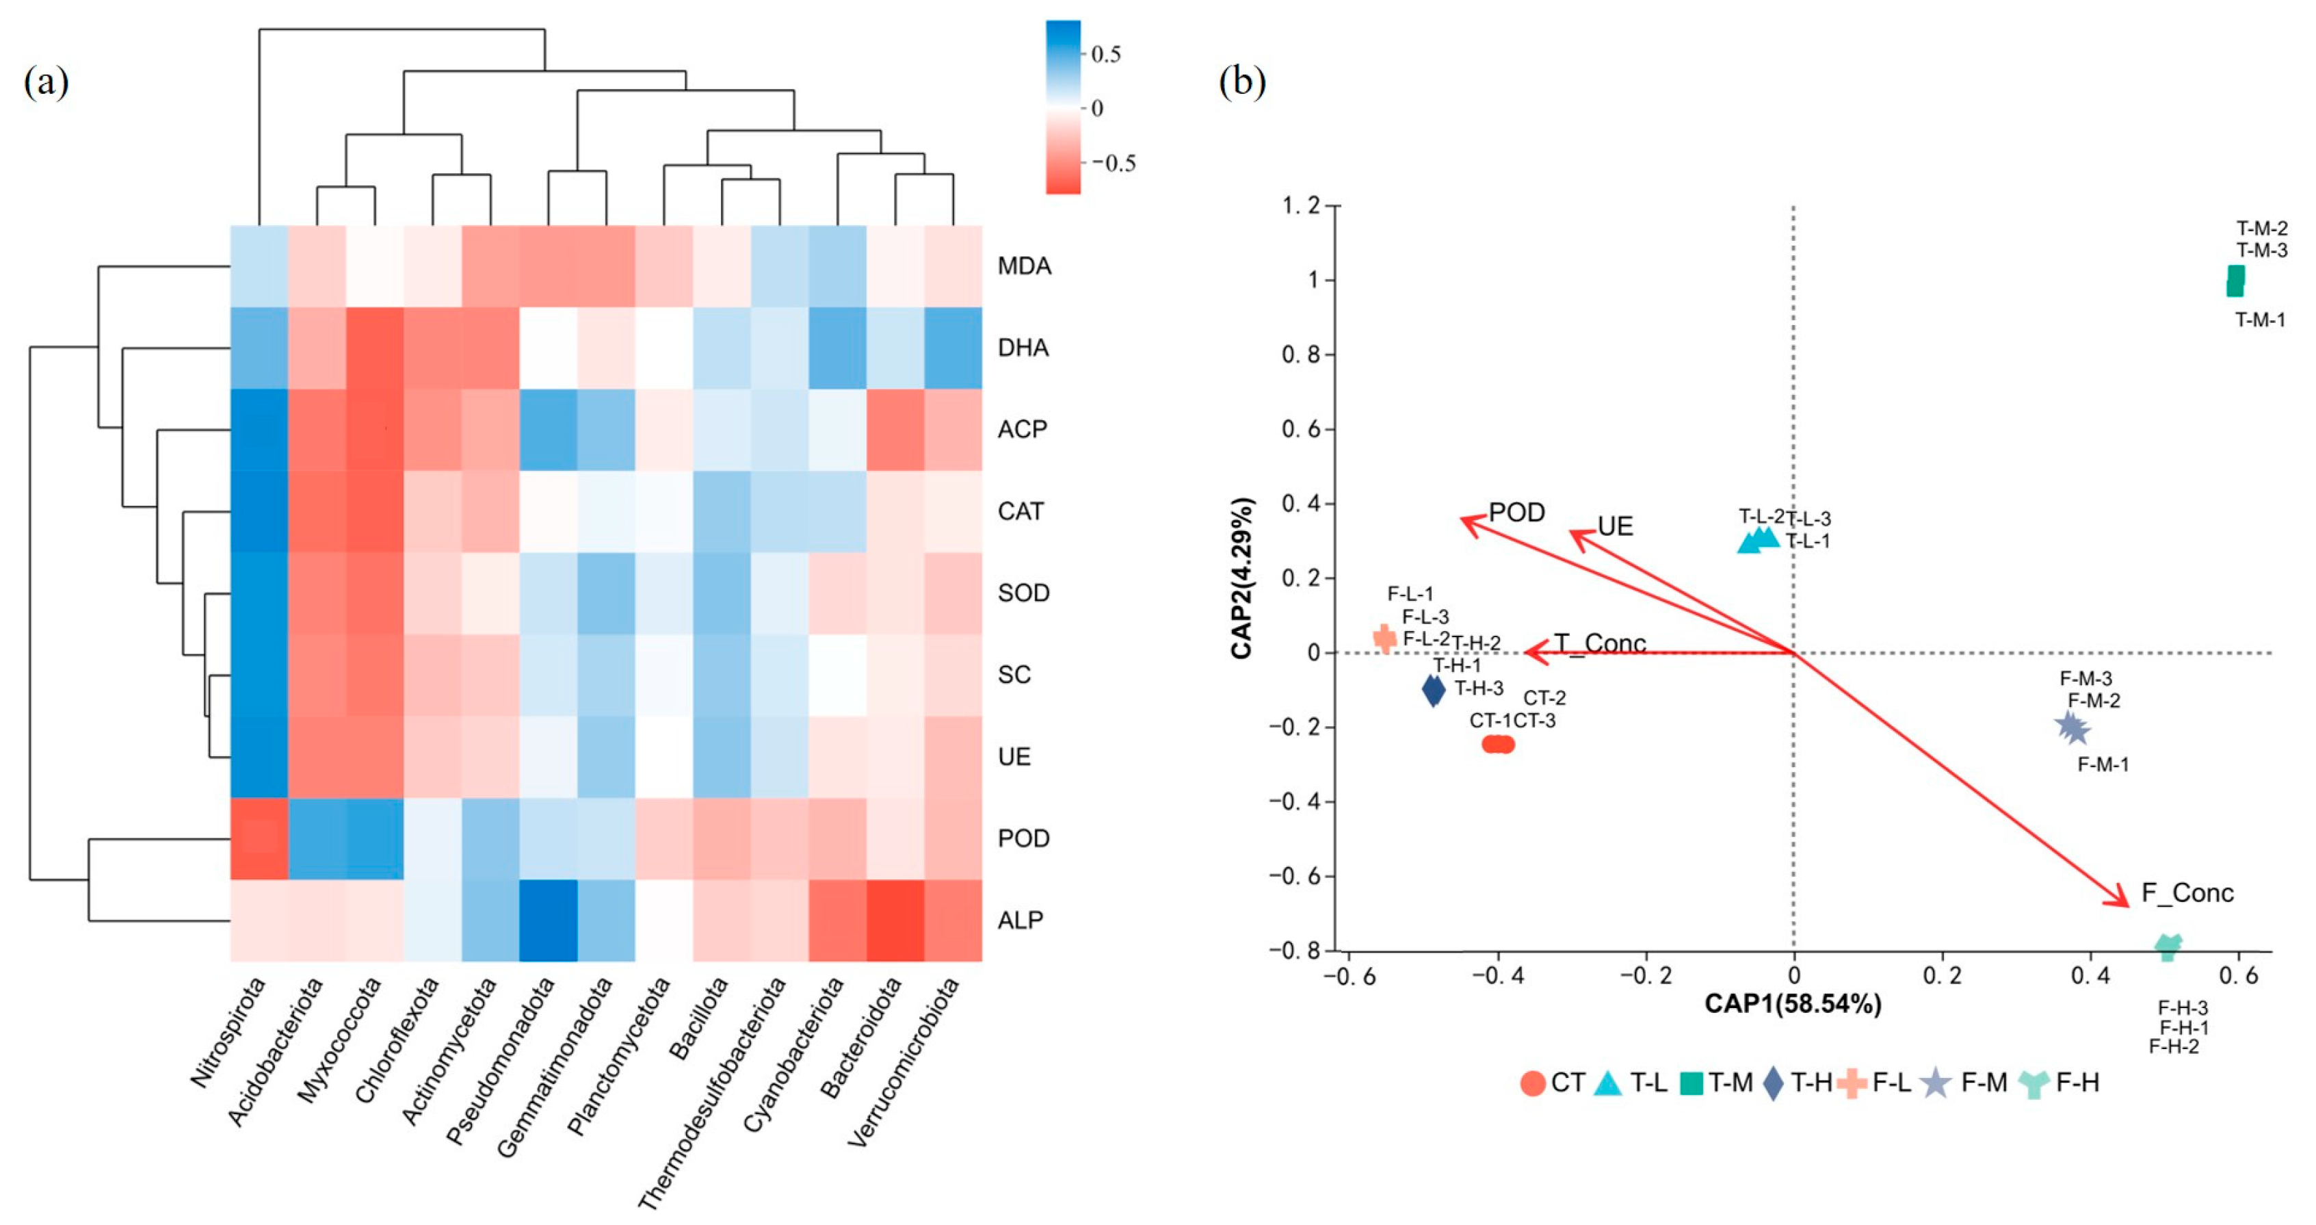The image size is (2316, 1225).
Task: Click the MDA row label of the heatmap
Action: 1024,266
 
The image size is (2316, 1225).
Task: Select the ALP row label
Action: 1021,920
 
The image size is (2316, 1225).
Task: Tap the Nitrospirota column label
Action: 230,1031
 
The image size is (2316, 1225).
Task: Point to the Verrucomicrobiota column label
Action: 903,1061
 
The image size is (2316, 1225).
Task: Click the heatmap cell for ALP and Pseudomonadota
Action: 549,920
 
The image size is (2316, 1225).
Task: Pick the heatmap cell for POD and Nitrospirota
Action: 259,838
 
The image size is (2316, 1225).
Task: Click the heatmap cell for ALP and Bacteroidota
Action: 895,920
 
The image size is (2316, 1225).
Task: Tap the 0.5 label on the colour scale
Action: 1106,55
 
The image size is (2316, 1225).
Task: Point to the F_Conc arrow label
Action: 2187,893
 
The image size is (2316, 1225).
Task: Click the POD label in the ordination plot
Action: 1516,512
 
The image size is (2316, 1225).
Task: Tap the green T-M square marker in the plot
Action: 2235,281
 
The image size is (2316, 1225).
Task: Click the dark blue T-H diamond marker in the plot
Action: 1434,690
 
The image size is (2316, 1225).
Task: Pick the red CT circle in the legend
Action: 1533,1083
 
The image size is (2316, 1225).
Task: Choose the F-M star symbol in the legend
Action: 1936,1083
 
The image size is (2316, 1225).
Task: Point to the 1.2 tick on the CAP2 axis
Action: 1300,206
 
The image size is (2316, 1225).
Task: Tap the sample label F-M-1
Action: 2103,764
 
